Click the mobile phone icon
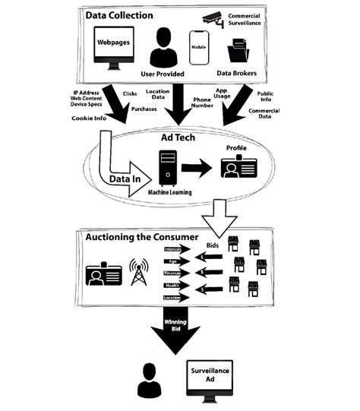pyautogui.click(x=198, y=49)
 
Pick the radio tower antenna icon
pyautogui.click(x=139, y=273)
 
